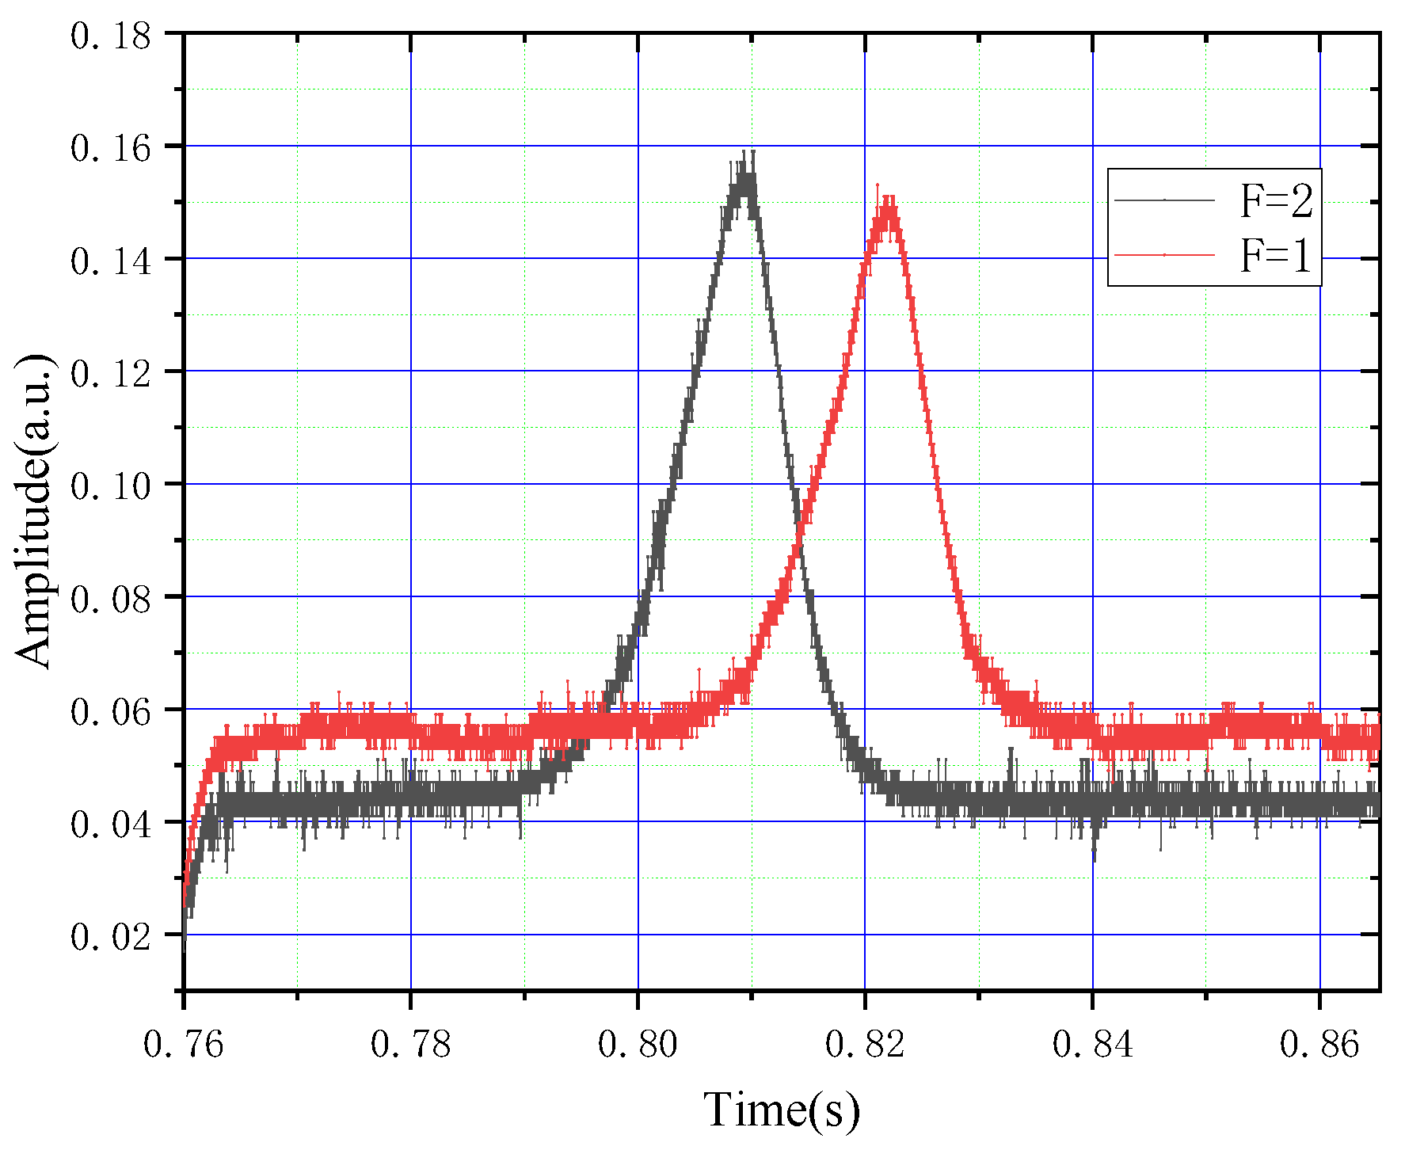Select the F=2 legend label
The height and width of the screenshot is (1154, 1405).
pyautogui.click(x=1276, y=200)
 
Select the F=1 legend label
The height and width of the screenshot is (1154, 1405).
pyautogui.click(x=1276, y=256)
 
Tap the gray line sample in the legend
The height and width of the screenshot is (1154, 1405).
pyautogui.click(x=1164, y=200)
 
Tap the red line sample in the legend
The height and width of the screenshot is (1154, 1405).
pyautogui.click(x=1164, y=255)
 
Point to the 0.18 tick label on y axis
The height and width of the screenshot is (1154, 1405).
pyautogui.click(x=111, y=36)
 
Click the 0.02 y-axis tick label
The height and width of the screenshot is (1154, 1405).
pyautogui.click(x=111, y=936)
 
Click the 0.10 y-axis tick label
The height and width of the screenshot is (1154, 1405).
pyautogui.click(x=111, y=486)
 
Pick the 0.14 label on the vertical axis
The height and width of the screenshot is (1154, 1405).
pyautogui.click(x=111, y=261)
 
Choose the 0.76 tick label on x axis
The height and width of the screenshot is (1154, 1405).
pyautogui.click(x=184, y=1044)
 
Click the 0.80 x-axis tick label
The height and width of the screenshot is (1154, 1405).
pyautogui.click(x=638, y=1044)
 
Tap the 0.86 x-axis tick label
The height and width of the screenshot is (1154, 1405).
pyautogui.click(x=1319, y=1044)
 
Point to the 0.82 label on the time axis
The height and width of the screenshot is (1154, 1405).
pyautogui.click(x=865, y=1044)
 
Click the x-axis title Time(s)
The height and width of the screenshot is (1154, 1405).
pyautogui.click(x=782, y=1110)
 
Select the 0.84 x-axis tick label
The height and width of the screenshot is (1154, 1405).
pyautogui.click(x=1092, y=1044)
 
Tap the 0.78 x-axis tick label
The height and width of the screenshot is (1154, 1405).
pyautogui.click(x=410, y=1044)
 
